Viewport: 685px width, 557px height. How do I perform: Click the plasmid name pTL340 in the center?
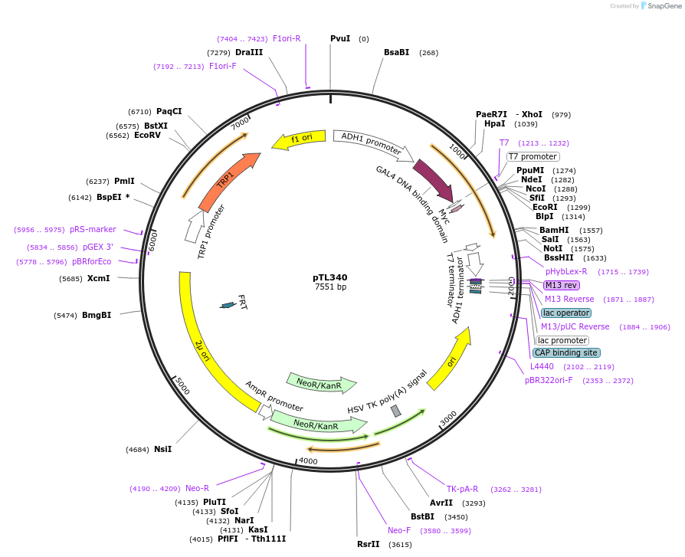(x=330, y=277)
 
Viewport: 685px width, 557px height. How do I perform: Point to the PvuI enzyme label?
(x=340, y=38)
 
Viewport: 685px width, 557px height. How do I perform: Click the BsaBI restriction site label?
(x=397, y=53)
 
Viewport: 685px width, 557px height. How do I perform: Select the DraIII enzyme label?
(x=249, y=52)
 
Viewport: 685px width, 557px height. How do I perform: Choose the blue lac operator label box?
(x=566, y=313)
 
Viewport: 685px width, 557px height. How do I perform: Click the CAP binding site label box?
(x=566, y=352)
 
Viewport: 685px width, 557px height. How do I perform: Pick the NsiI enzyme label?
(x=162, y=449)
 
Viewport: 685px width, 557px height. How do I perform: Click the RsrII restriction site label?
(x=368, y=544)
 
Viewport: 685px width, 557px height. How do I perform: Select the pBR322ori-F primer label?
(x=549, y=380)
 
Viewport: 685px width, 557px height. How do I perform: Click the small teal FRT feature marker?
(x=228, y=305)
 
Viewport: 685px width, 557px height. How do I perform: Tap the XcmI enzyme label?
(x=98, y=278)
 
